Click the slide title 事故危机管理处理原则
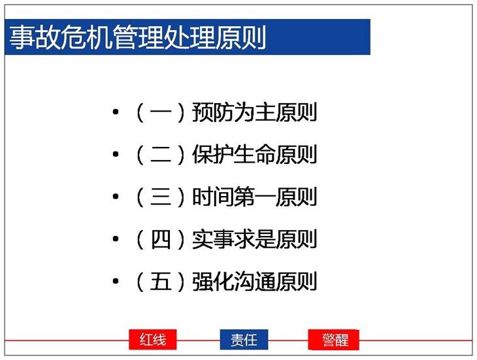pos(138,37)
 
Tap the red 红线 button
pos(153,339)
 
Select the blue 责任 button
pos(244,339)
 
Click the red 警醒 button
pos(334,339)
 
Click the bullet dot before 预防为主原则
pos(116,112)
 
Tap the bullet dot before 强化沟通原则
pos(116,281)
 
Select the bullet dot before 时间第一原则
pos(116,197)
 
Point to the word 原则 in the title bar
pos(240,37)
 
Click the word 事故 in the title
pos(35,37)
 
